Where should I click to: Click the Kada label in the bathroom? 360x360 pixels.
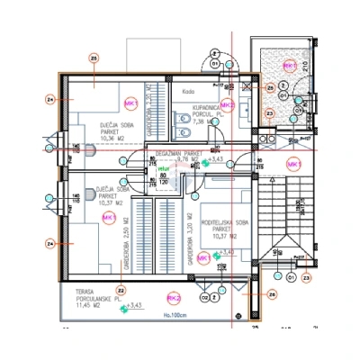click(189, 90)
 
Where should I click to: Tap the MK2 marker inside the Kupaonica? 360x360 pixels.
click(227, 105)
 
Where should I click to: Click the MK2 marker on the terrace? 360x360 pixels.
click(174, 297)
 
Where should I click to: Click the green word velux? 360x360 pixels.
click(164, 167)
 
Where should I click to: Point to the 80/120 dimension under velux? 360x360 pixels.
click(164, 178)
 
